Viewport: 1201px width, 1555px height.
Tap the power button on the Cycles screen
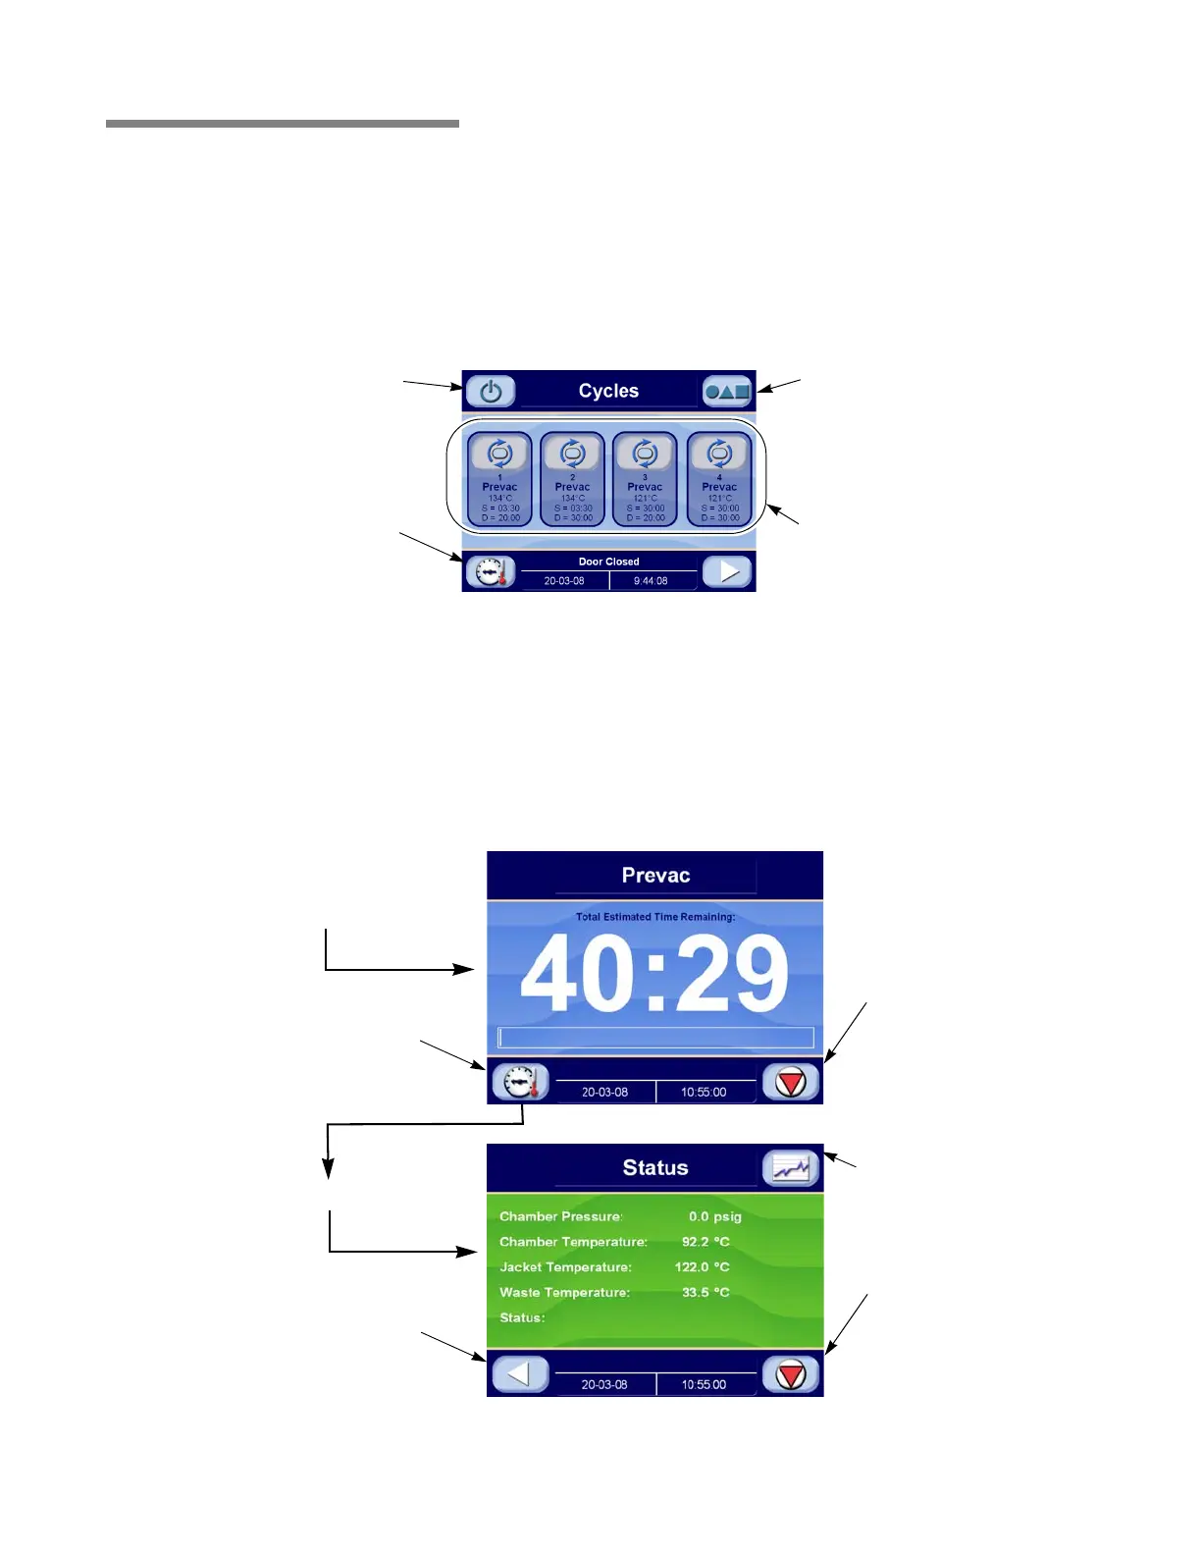491,392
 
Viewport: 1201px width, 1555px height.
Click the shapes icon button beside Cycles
727,392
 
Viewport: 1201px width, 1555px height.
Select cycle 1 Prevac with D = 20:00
499,479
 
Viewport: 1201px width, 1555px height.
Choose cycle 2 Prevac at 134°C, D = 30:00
573,479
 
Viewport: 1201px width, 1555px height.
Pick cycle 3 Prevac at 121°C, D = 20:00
645,479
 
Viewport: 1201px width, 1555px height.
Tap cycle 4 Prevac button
719,479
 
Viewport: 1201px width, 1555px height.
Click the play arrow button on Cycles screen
728,571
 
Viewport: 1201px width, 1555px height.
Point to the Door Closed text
608,562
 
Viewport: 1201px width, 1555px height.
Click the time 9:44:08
651,581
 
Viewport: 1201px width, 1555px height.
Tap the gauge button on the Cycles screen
490,571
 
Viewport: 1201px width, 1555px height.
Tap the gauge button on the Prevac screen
520,1082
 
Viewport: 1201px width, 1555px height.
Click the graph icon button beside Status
791,1168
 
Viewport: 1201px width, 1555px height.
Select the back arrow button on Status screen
519,1374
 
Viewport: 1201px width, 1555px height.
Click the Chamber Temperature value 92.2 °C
705,1242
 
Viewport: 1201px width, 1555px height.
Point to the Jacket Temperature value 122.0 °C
703,1267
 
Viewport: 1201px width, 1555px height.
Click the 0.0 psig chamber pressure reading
714,1216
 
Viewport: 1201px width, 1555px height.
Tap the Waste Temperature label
564,1293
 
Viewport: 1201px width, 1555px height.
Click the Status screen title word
655,1168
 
